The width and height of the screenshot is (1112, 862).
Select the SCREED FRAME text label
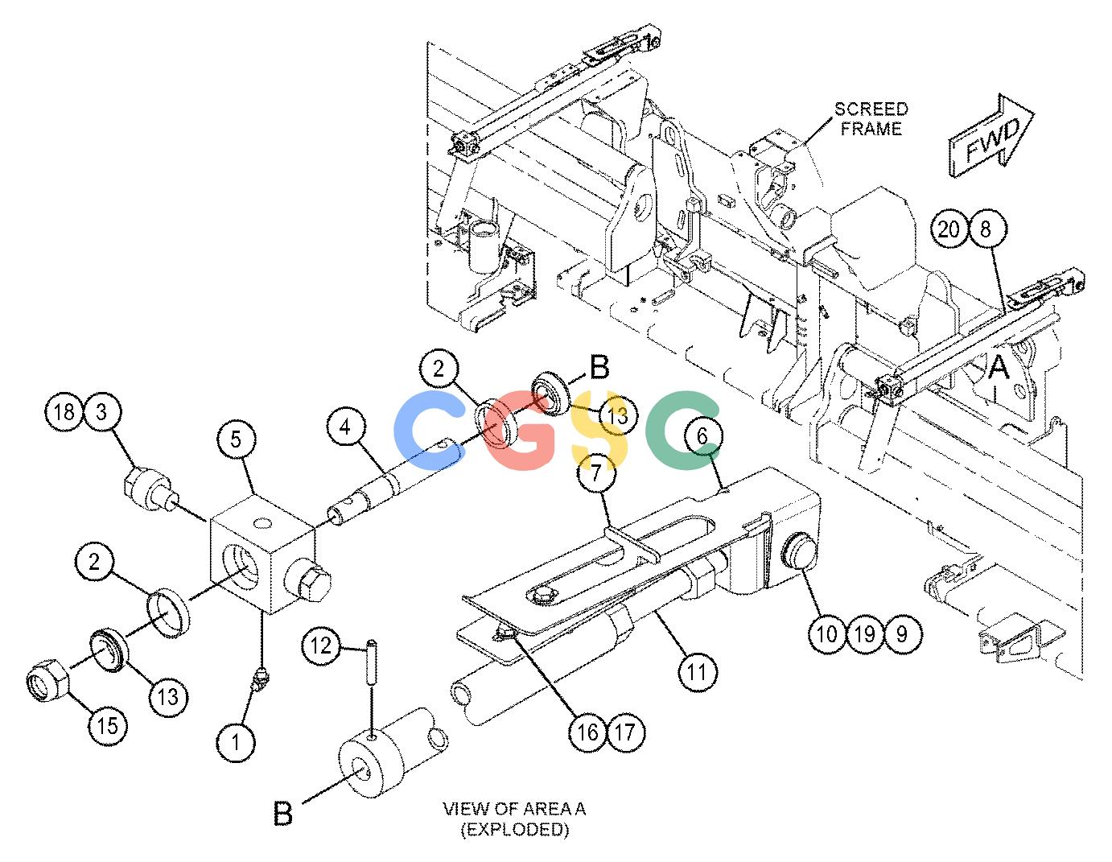tap(871, 119)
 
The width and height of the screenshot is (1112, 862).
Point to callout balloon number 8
tap(986, 229)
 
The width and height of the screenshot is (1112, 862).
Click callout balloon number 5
tap(236, 439)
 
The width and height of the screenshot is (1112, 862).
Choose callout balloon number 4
tap(347, 427)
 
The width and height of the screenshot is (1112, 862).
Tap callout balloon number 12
tap(321, 645)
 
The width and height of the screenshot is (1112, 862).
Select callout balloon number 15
tap(108, 725)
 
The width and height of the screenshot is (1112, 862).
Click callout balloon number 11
tap(698, 671)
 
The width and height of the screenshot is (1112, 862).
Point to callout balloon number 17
tap(625, 732)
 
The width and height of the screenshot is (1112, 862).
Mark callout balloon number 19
tap(865, 634)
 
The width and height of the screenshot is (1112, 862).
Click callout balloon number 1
tap(236, 742)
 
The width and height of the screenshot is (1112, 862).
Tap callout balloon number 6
tap(702, 436)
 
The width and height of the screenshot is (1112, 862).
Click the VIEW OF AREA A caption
tap(514, 819)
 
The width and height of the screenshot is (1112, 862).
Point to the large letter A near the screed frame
tap(999, 368)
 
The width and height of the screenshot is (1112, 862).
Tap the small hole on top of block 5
tap(262, 523)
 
